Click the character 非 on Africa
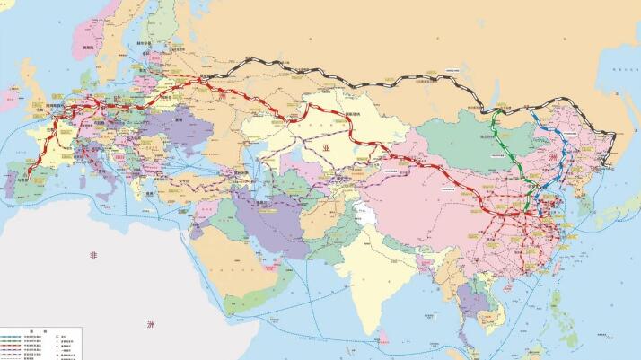(92, 257)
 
